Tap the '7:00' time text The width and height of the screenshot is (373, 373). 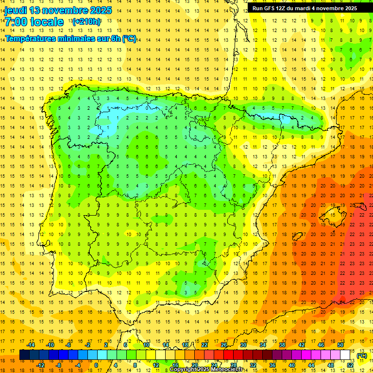tap(15, 22)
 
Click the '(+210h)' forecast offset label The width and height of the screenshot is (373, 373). tap(86, 22)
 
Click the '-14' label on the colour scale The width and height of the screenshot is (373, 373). tap(31, 345)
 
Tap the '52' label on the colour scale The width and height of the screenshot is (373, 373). tap(350, 365)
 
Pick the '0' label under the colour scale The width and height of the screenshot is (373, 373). tap(96, 365)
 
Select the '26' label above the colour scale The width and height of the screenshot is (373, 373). tap(224, 345)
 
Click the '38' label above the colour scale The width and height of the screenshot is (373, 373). tap(282, 345)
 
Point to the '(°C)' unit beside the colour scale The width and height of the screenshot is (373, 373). tap(362, 356)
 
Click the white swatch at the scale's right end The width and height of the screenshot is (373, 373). tap(345, 355)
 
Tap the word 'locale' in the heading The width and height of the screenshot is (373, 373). tap(47, 22)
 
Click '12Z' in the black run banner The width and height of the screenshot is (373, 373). tap(283, 8)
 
